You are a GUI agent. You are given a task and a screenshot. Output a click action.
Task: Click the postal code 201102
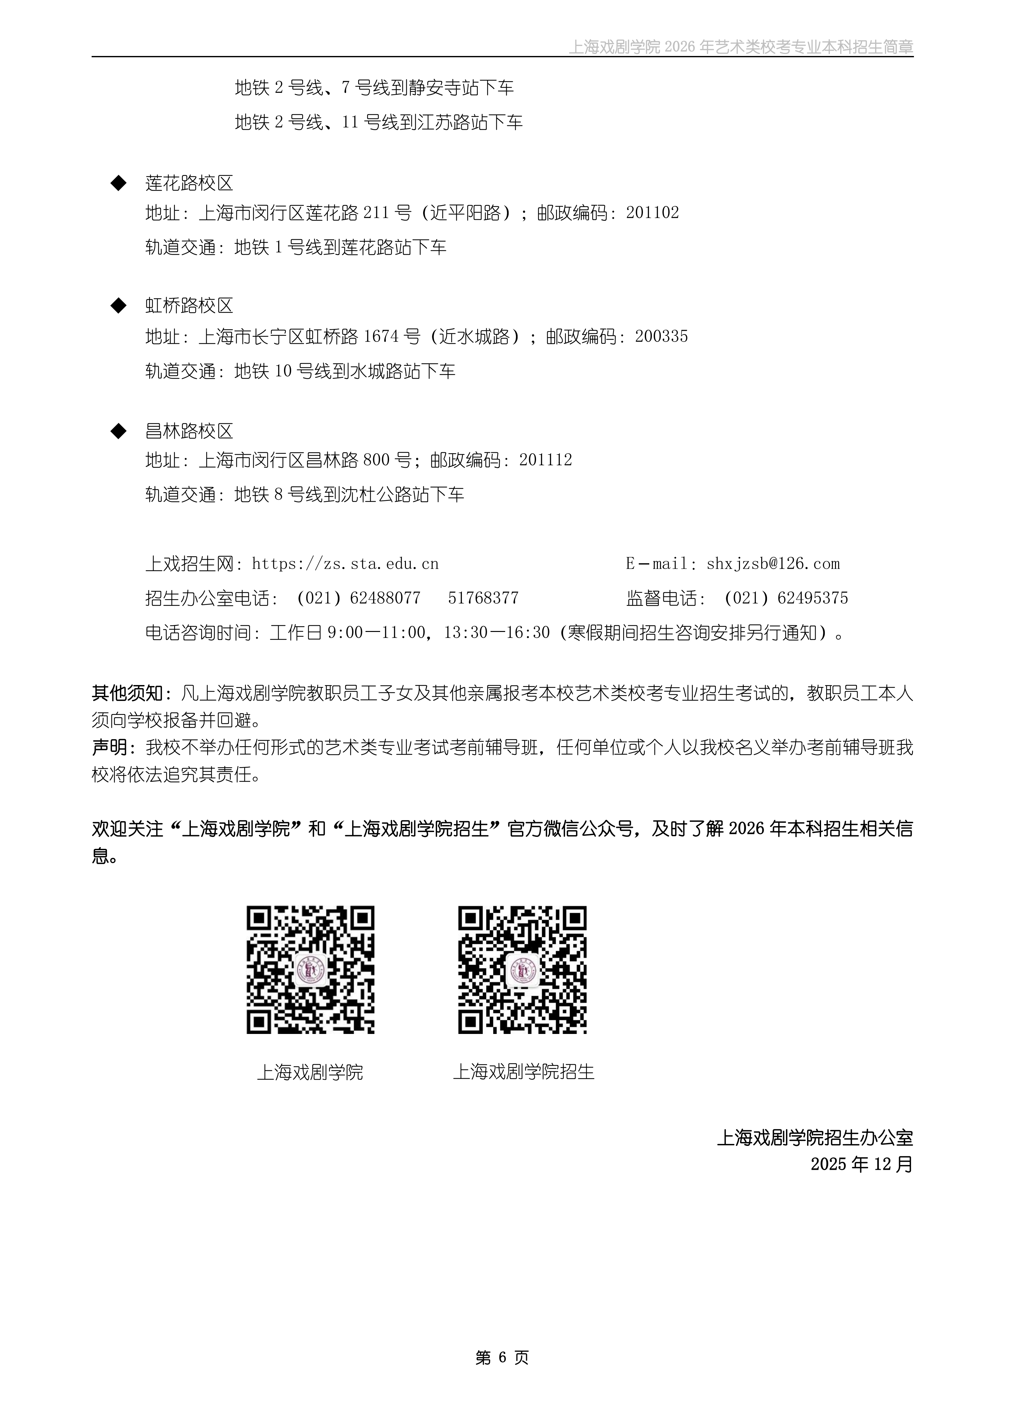652,213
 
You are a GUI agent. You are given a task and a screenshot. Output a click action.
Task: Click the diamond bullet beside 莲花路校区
118,183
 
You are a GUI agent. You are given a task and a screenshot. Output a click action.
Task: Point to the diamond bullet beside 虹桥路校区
118,305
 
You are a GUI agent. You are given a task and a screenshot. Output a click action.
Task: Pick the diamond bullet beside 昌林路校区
118,431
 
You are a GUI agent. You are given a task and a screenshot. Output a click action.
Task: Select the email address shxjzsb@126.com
773,564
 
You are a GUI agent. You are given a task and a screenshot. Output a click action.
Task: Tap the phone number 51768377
483,598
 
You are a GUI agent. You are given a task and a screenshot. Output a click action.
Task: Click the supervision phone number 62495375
813,598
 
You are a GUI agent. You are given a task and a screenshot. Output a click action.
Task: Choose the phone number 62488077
385,598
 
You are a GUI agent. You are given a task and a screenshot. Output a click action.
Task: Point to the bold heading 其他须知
127,693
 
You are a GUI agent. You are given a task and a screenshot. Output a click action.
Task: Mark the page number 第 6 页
502,1358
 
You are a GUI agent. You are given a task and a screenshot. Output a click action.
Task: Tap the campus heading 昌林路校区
189,431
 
